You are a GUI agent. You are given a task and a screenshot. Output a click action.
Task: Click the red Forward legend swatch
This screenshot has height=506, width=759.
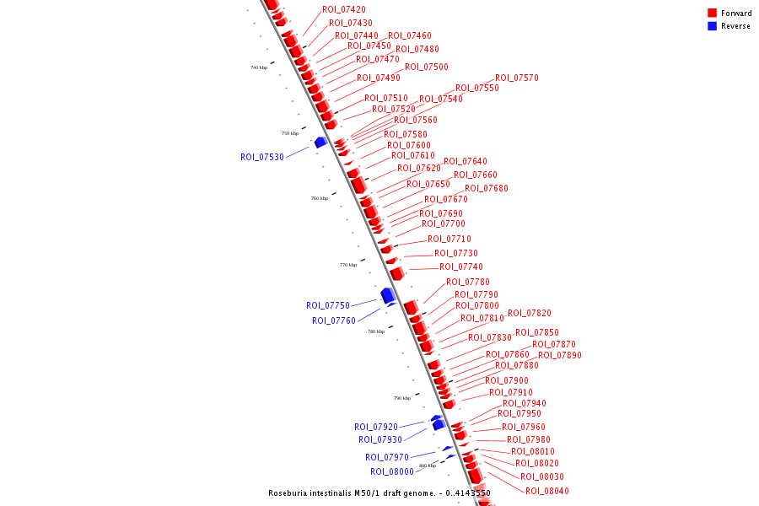pos(713,13)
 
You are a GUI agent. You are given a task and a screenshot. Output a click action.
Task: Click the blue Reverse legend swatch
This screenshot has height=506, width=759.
pos(713,26)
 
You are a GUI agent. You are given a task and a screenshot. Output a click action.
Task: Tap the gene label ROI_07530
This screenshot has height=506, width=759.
pos(262,157)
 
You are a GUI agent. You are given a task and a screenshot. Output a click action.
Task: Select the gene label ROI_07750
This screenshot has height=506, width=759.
pos(328,305)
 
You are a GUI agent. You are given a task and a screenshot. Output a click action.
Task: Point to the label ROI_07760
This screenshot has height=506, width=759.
pos(334,320)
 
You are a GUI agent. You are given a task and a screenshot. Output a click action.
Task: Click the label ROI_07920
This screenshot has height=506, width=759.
pos(376,427)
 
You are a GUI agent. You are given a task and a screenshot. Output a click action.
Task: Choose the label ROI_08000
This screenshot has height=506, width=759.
pos(392,471)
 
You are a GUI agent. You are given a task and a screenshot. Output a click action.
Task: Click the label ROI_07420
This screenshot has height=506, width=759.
pos(344,9)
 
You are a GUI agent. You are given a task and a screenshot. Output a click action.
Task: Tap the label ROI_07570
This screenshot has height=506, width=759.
pos(517,78)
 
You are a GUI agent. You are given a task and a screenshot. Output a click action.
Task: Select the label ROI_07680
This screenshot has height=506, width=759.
pos(487,188)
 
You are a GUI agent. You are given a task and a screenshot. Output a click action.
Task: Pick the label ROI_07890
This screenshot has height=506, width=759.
pos(560,355)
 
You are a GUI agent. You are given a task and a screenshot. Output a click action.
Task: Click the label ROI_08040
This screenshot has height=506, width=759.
pos(547,491)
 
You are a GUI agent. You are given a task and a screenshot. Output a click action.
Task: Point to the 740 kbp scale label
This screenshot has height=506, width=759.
pos(259,67)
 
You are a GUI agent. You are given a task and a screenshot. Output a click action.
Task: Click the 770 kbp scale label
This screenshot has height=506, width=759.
pos(348,265)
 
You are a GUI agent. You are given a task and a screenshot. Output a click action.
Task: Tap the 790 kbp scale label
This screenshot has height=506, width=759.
pos(402,398)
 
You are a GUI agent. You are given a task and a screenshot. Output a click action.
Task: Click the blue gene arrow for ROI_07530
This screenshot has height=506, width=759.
pos(320,143)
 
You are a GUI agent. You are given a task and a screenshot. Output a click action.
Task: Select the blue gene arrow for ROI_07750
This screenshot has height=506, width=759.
pos(388,295)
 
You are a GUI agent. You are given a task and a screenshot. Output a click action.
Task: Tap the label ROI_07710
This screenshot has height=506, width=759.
pos(449,239)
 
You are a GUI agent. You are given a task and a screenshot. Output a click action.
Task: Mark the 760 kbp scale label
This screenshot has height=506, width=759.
pos(320,198)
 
